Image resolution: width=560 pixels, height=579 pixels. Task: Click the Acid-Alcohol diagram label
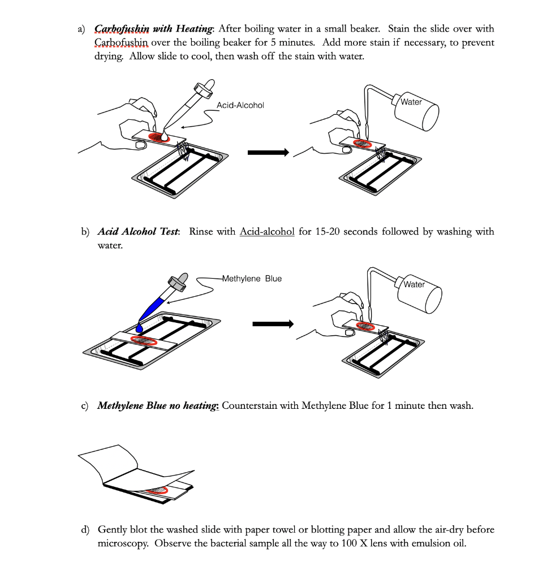click(x=240, y=105)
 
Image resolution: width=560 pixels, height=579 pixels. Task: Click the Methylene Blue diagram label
click(x=252, y=279)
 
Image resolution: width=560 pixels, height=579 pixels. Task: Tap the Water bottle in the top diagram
click(x=419, y=113)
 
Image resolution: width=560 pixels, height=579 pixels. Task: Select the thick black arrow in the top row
click(x=269, y=153)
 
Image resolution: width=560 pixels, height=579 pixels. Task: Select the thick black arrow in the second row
click(x=273, y=324)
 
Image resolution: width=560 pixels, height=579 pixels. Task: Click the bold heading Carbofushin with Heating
click(x=153, y=29)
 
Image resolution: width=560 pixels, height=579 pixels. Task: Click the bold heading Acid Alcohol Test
click(x=139, y=232)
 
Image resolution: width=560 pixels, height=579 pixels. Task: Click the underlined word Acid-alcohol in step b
click(x=267, y=232)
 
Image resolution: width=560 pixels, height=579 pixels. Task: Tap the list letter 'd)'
click(x=85, y=530)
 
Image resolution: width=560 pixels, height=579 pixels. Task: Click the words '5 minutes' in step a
click(x=287, y=43)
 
